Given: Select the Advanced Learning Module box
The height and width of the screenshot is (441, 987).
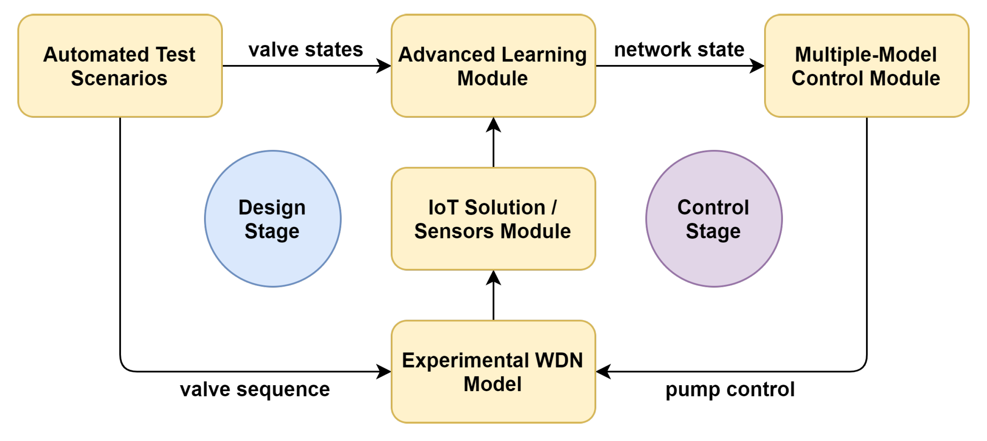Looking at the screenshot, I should (x=493, y=98).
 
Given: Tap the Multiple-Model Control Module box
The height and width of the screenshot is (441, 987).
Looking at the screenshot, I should (x=866, y=98).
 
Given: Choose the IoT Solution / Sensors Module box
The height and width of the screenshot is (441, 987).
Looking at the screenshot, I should (x=493, y=253).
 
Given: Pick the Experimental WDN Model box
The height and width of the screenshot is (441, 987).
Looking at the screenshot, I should (x=493, y=407).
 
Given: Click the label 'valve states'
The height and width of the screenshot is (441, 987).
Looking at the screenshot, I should (x=306, y=49).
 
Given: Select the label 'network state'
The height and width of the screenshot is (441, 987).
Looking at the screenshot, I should (x=679, y=49).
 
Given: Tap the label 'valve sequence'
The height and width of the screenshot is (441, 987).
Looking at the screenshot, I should (x=255, y=389).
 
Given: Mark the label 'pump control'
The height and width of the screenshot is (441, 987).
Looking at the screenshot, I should (x=730, y=389).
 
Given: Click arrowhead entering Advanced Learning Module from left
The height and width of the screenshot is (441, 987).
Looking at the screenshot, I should (x=384, y=66).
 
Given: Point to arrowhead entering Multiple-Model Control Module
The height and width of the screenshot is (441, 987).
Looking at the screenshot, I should (x=757, y=66).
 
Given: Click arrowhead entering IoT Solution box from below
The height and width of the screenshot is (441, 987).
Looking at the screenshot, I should (x=493, y=277).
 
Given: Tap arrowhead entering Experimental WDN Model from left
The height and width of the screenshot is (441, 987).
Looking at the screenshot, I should (x=384, y=371).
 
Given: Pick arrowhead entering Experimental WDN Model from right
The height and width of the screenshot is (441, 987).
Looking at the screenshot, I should (x=603, y=371).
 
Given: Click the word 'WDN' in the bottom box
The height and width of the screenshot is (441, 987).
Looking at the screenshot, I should (x=559, y=360).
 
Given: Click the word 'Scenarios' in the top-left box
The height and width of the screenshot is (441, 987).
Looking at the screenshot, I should (x=119, y=78).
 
